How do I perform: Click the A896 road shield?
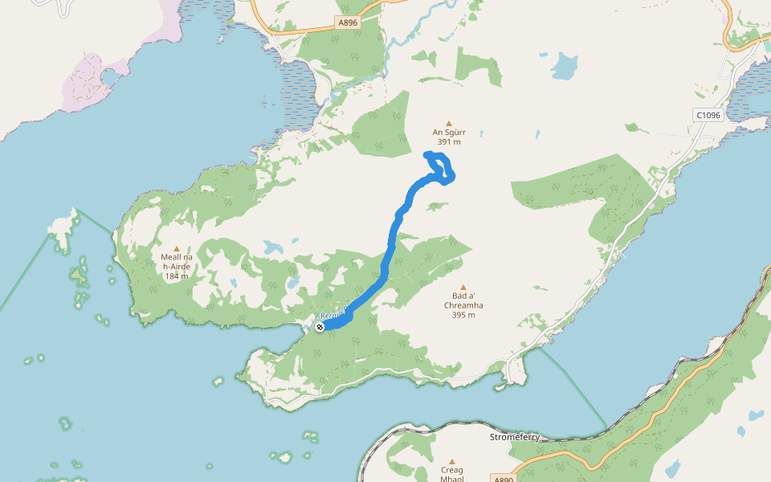click(x=348, y=22)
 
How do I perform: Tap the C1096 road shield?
click(x=708, y=115)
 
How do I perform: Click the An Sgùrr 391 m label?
click(x=449, y=137)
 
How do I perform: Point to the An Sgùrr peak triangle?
click(x=449, y=123)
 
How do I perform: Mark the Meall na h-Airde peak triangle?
click(x=177, y=248)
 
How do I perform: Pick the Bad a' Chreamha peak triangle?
click(x=463, y=287)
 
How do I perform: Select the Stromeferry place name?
click(x=515, y=438)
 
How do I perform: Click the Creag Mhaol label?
click(x=453, y=474)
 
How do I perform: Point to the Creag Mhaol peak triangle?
click(x=453, y=460)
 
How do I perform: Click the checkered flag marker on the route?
click(x=320, y=326)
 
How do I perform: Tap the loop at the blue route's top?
click(x=440, y=167)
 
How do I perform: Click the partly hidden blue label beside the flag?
click(x=332, y=317)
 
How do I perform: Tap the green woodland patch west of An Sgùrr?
click(x=382, y=125)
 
